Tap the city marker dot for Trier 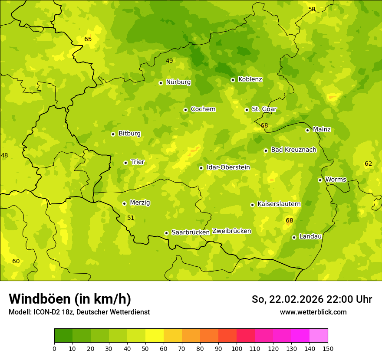click(126, 163)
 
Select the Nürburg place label click(178, 82)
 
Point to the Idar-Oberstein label click(228, 167)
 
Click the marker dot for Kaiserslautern click(252, 205)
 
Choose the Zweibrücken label click(231, 231)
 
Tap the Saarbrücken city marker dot click(166, 233)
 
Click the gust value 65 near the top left click(88, 39)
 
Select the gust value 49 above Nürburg click(169, 61)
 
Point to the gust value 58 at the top click(312, 9)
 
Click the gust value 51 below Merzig click(131, 218)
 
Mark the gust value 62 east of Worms click(368, 164)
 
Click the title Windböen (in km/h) click(70, 299)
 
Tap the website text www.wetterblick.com click(313, 312)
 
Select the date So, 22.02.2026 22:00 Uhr click(312, 299)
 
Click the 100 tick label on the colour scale click(237, 348)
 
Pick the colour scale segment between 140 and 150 click(319, 336)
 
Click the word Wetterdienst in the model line click(130, 312)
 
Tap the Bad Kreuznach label click(293, 150)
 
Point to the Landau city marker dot click(294, 237)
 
